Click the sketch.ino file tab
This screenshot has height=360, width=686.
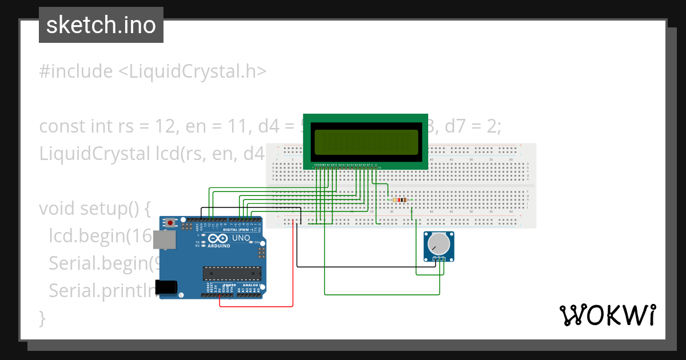click(x=101, y=25)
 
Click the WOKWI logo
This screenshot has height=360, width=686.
click(x=607, y=315)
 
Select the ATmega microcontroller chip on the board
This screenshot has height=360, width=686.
click(x=232, y=274)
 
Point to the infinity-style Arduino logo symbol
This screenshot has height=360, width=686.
click(x=217, y=238)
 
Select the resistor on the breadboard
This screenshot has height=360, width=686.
click(x=399, y=199)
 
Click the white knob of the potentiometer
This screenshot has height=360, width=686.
click(x=438, y=245)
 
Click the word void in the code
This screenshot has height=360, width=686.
click(x=57, y=209)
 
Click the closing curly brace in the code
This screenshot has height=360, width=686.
click(x=42, y=317)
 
